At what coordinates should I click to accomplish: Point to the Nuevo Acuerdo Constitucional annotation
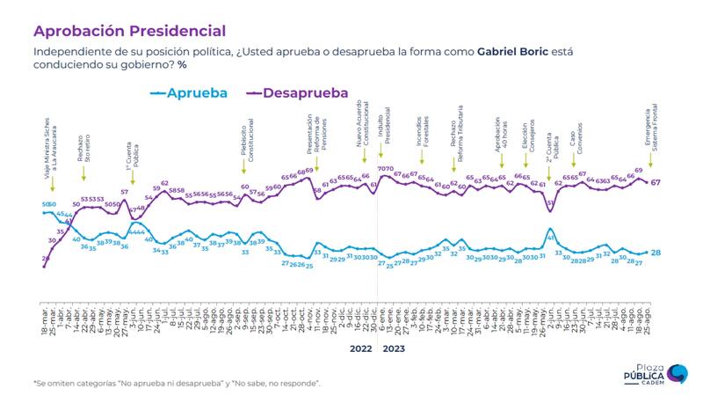pos(363,134)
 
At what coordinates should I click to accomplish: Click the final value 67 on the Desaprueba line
pos(656,182)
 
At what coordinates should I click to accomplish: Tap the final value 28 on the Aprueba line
pos(656,253)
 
